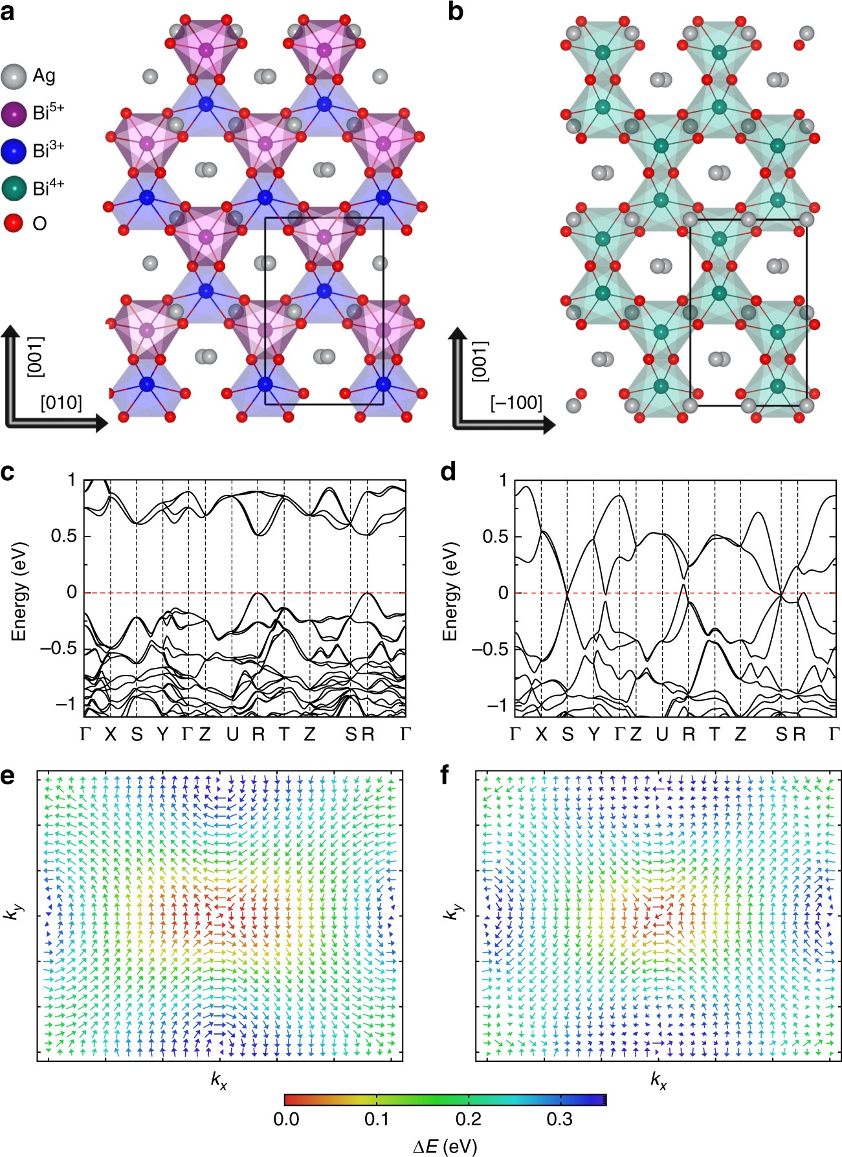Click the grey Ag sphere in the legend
click(14, 76)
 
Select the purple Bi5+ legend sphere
click(14, 114)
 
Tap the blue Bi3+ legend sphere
click(14, 151)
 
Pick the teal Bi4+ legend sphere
click(14, 188)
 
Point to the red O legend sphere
click(14, 224)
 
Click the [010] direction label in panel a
click(61, 402)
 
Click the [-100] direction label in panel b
click(516, 402)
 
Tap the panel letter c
click(8, 472)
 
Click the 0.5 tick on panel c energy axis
click(63, 536)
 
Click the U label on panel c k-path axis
click(232, 734)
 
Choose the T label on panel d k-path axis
click(714, 734)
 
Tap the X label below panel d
click(541, 734)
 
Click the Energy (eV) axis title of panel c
click(19, 591)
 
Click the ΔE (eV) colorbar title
click(445, 1147)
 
